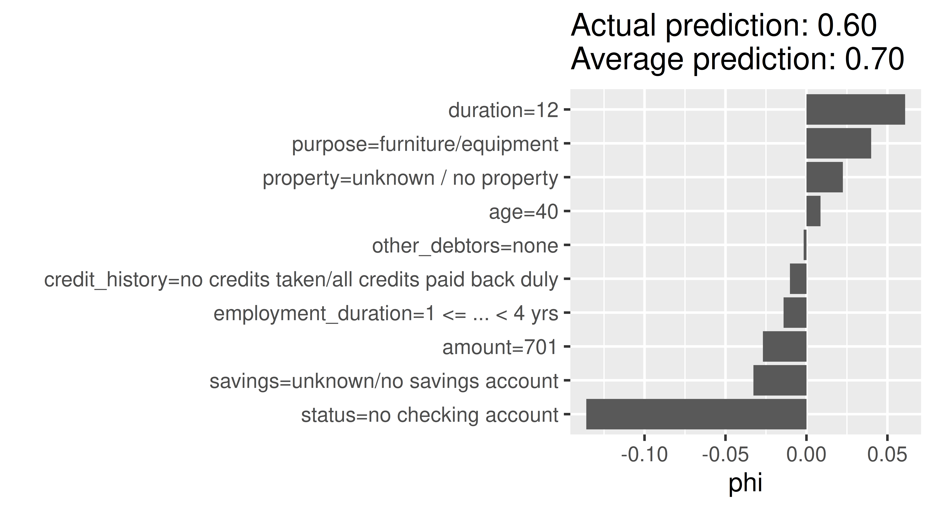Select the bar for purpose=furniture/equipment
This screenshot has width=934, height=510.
point(838,143)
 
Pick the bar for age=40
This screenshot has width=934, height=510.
point(813,211)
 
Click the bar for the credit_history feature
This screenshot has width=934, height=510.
point(798,279)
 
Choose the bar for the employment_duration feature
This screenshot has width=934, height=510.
point(795,313)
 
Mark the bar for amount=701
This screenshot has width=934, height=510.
point(785,346)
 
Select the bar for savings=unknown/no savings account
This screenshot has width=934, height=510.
point(780,380)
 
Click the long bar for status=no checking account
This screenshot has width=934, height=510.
point(696,414)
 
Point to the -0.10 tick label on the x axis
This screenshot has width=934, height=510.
point(644,455)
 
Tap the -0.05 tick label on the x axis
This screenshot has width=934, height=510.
point(725,455)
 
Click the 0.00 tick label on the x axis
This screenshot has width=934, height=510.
point(806,455)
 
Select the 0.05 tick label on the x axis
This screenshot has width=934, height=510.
point(887,455)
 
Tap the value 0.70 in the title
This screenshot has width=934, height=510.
point(875,59)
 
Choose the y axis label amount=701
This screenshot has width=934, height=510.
point(500,347)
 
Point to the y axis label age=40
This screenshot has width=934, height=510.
point(523,212)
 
